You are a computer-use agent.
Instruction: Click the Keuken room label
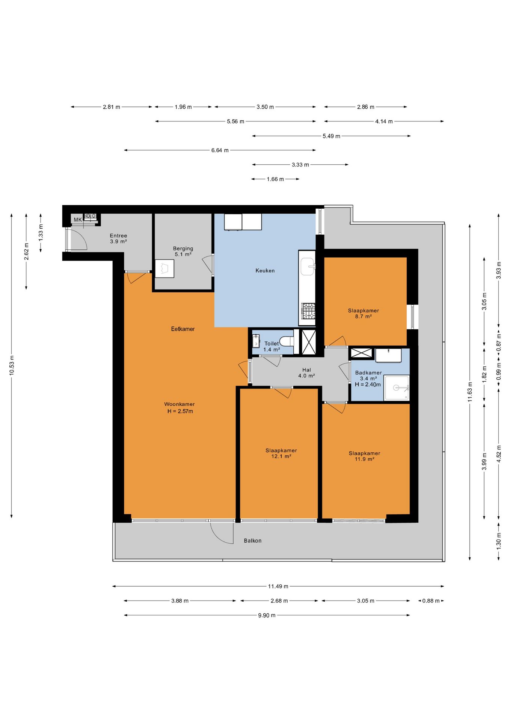[x=265, y=270]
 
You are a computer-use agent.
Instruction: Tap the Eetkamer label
[x=183, y=329]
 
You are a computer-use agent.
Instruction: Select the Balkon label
[x=253, y=540]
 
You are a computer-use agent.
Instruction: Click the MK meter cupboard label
[x=78, y=220]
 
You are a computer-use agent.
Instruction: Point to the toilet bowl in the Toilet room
[x=288, y=341]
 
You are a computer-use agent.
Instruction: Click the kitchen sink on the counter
[x=307, y=266]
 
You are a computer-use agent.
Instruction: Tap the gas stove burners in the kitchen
[x=308, y=311]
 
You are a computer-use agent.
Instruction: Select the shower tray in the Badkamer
[x=397, y=388]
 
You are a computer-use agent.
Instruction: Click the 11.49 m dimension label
[x=278, y=586]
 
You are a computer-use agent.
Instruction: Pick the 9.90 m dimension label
[x=267, y=615]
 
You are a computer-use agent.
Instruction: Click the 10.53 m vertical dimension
[x=12, y=365]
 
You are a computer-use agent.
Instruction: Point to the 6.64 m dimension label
[x=220, y=150]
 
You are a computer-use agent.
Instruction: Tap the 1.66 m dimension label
[x=275, y=179]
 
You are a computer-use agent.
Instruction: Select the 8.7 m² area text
[x=363, y=316]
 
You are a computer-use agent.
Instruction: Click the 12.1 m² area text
[x=281, y=456]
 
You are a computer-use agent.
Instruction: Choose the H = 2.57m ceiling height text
[x=180, y=411]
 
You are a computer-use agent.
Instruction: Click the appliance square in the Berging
[x=164, y=268]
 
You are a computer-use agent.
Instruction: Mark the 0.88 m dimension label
[x=431, y=601]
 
